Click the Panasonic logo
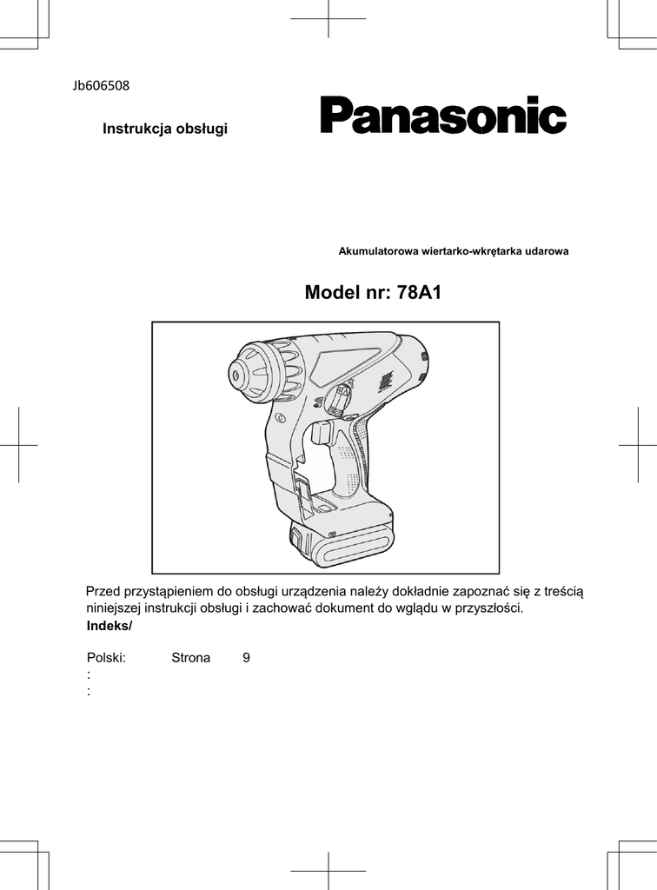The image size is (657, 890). [443, 116]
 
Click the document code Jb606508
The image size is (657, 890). [101, 85]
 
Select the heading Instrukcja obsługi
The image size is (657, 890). [165, 130]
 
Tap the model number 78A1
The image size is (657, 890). [420, 293]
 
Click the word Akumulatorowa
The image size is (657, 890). [378, 251]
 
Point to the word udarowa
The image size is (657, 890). [547, 251]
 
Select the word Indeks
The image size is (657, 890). [108, 627]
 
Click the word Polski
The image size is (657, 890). [107, 658]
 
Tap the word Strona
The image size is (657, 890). [190, 658]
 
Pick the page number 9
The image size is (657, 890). [247, 658]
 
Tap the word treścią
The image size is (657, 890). [563, 592]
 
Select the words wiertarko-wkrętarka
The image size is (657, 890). [473, 251]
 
